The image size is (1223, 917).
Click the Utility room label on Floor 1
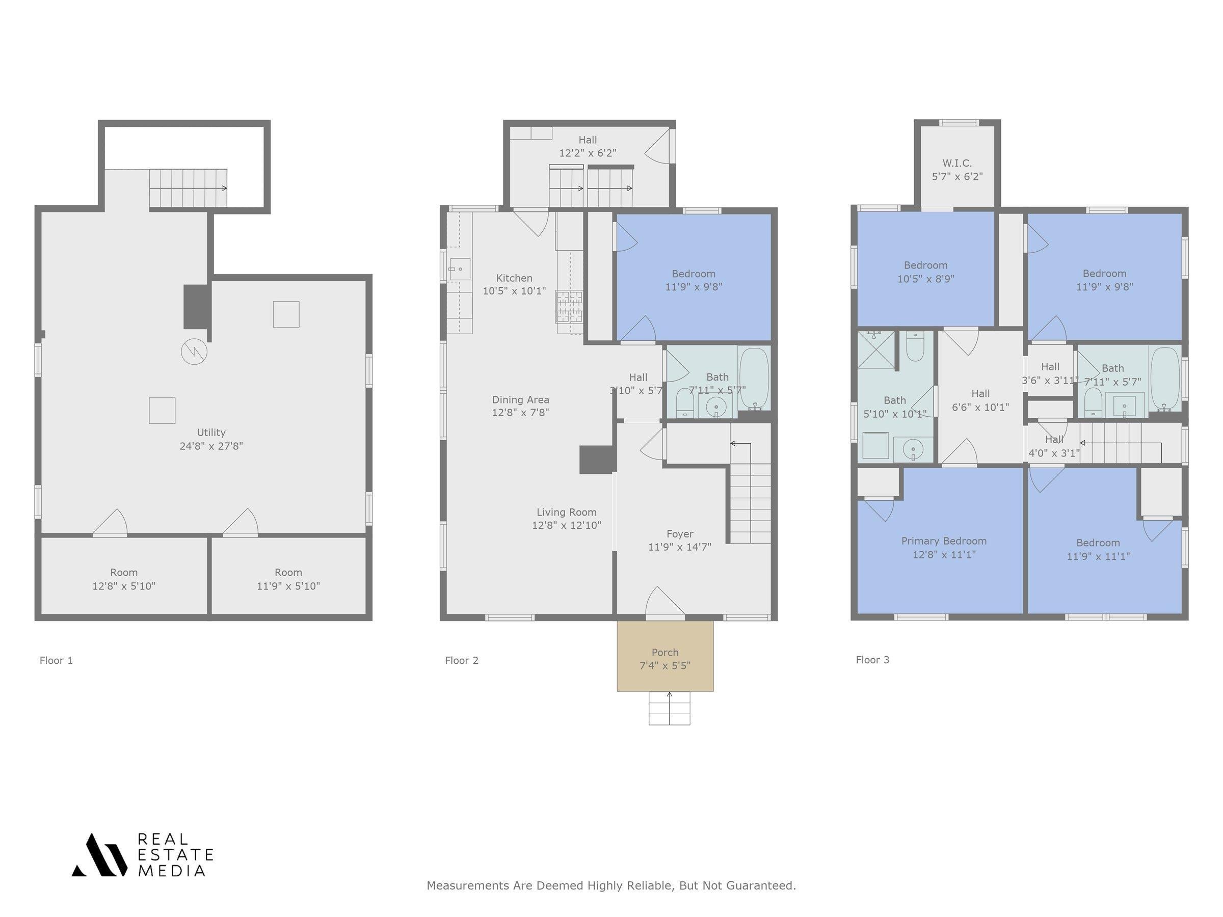(211, 432)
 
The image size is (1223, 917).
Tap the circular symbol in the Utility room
(194, 351)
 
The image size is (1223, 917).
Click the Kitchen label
(514, 278)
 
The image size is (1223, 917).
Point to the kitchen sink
(460, 269)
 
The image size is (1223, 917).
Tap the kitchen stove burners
(570, 307)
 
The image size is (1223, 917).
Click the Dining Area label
(521, 399)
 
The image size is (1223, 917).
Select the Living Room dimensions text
(567, 525)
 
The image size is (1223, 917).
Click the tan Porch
(665, 656)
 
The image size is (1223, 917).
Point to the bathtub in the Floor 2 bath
(754, 379)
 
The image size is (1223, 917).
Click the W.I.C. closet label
(958, 163)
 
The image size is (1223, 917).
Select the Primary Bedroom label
(944, 541)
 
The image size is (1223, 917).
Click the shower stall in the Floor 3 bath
(876, 349)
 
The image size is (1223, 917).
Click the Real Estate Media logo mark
(99, 854)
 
